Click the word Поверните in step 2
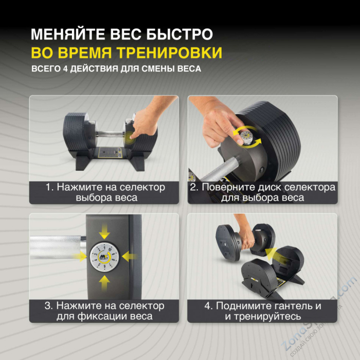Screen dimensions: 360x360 [x=225, y=187]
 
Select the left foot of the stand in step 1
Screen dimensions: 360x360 [x=82, y=164]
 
